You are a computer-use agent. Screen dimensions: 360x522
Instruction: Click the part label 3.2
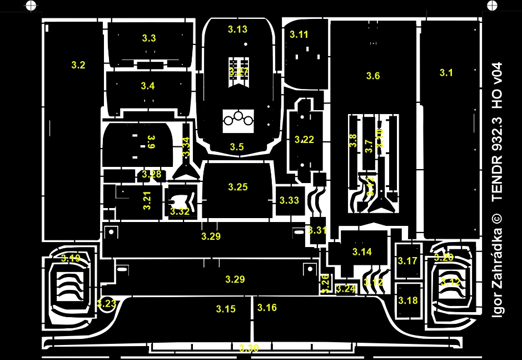(78, 65)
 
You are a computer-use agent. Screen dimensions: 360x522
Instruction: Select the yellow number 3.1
(446, 72)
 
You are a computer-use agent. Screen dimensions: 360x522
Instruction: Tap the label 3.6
(373, 76)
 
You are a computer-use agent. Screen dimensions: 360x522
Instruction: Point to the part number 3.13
(237, 29)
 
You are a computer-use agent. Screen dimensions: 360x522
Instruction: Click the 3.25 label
(238, 187)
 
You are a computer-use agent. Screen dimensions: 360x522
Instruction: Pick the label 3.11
(299, 34)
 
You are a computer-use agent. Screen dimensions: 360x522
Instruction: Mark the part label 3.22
(305, 140)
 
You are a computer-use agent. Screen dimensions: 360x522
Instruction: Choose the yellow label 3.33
(289, 200)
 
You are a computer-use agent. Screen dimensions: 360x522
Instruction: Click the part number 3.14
(362, 251)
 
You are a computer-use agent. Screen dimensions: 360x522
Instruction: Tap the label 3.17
(407, 261)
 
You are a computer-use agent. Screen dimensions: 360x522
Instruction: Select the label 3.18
(407, 300)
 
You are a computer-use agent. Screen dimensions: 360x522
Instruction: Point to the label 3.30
(249, 348)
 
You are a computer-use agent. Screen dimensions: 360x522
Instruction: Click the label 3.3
(149, 38)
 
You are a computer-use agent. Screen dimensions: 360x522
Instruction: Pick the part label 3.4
(148, 86)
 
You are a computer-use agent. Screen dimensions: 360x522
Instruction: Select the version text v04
(498, 73)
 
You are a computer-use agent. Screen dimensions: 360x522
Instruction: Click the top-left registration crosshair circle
(31, 6)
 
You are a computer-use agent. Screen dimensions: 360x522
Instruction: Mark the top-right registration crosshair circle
(492, 6)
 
